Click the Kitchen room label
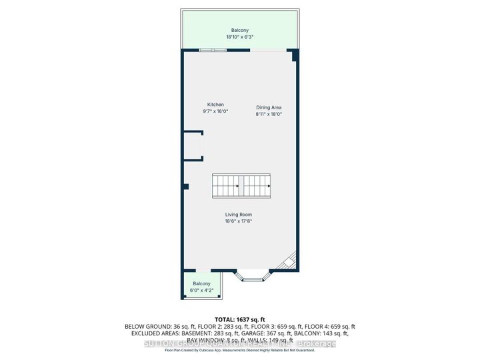(x=215, y=105)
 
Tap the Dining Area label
(x=269, y=107)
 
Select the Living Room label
(x=238, y=215)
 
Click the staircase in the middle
(x=241, y=185)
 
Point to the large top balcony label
(x=241, y=31)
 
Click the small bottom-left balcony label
(x=201, y=283)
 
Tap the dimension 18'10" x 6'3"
(x=241, y=37)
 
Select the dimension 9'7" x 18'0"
(x=215, y=111)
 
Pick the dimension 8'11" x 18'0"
(x=269, y=114)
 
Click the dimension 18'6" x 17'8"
(x=238, y=221)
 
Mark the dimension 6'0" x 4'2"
(x=201, y=289)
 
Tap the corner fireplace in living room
(x=288, y=261)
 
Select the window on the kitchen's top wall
(x=213, y=51)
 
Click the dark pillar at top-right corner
(x=296, y=58)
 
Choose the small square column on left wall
(x=187, y=186)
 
